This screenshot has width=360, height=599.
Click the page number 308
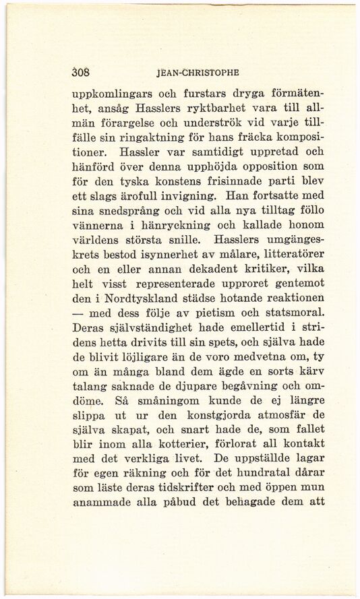(82, 71)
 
